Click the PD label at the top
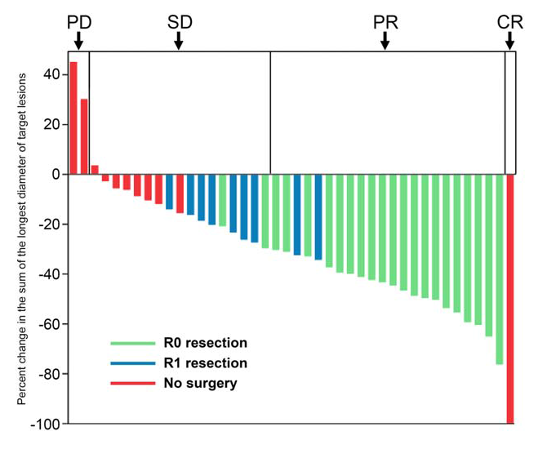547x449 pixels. point(79,22)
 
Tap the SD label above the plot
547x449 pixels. point(180,22)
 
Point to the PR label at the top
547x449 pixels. point(385,22)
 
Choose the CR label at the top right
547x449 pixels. point(510,22)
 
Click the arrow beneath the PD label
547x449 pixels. point(78,40)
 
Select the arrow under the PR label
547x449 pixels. point(385,40)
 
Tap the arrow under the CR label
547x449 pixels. point(510,40)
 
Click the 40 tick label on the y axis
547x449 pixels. point(51,74)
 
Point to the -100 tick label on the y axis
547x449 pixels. point(45,424)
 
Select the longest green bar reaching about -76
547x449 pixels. point(500,269)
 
